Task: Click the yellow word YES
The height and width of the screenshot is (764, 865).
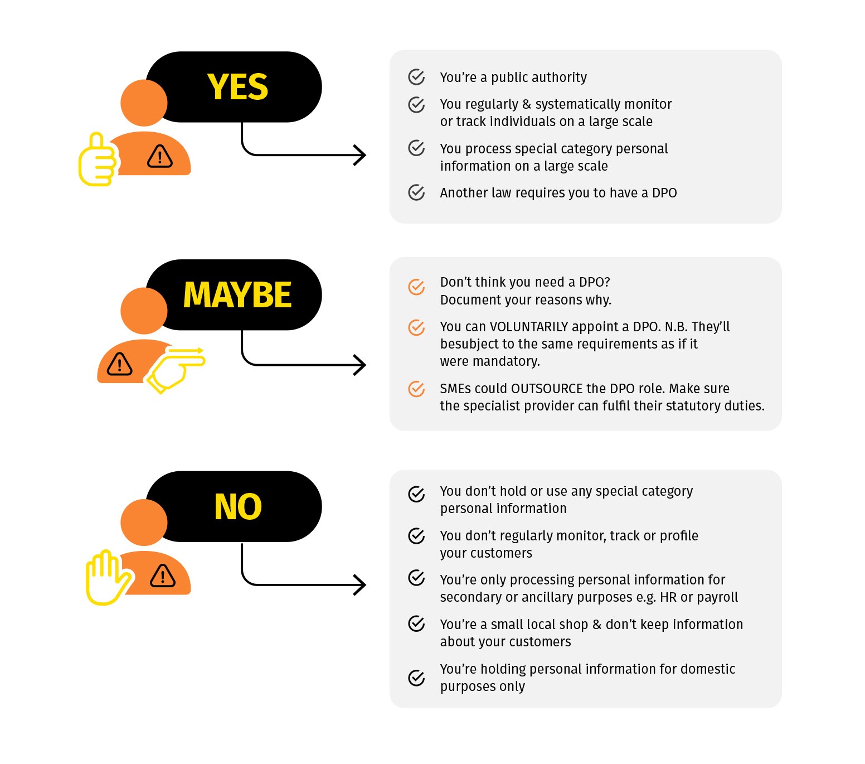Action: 237,87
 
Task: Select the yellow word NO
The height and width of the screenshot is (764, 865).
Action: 238,507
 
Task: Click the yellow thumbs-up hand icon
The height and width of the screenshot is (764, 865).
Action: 98,159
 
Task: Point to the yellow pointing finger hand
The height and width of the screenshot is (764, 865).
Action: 176,368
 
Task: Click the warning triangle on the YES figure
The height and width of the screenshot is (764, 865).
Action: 160,157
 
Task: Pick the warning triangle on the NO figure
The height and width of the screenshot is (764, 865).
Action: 163,576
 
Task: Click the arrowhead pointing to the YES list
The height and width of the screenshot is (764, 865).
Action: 360,155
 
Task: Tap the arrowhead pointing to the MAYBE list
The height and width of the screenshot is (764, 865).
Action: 360,365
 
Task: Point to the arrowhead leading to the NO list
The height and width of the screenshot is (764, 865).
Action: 360,585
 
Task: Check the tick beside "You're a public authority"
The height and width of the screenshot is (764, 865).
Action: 416,77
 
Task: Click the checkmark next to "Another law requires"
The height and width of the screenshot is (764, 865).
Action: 416,192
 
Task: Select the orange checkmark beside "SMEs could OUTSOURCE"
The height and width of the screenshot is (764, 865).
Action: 416,389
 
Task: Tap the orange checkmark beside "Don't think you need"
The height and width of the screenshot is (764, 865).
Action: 416,287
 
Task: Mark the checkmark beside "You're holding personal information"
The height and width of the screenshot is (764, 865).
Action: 416,678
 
